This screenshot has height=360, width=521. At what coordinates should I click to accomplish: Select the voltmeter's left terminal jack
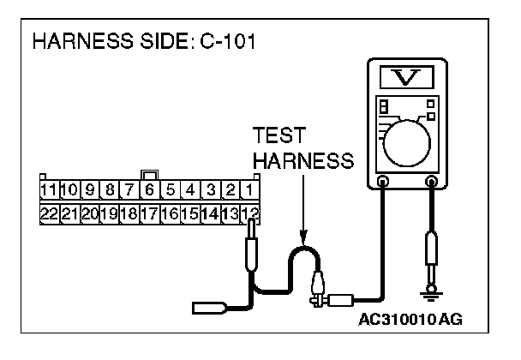tap(383, 181)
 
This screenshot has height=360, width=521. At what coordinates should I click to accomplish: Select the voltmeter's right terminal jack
tap(433, 181)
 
